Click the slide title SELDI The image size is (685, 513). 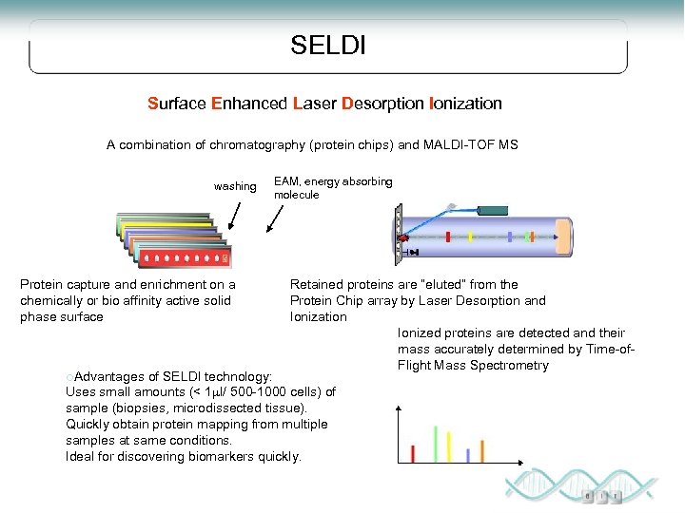(x=328, y=45)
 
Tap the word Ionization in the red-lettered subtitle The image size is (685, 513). (x=465, y=103)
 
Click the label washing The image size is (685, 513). (x=235, y=186)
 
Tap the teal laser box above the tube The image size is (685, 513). (x=493, y=210)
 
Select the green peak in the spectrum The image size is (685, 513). (x=435, y=443)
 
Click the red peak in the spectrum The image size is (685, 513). (x=412, y=452)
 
